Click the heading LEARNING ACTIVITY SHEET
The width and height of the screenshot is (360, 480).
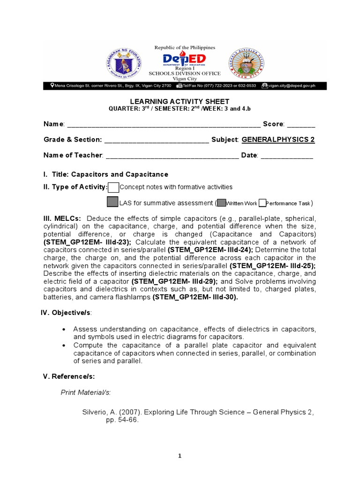[180, 101]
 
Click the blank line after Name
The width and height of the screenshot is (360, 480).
[164, 125]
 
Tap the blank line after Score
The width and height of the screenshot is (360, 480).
[301, 125]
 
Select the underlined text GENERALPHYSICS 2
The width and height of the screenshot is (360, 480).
[278, 140]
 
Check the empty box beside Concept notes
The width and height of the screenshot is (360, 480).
[113, 187]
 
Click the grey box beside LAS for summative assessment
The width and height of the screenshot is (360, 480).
[112, 202]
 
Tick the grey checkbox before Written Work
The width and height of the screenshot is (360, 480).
[221, 203]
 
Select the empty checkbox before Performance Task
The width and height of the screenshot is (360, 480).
[262, 203]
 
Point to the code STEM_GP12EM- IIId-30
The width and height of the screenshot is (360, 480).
[195, 297]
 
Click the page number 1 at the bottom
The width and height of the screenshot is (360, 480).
[180, 456]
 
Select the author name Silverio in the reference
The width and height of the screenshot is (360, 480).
[95, 412]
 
